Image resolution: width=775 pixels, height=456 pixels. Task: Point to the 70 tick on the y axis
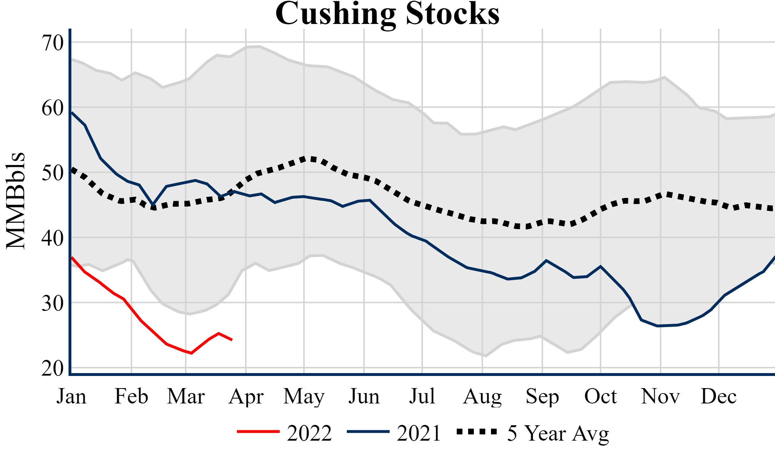pos(52,43)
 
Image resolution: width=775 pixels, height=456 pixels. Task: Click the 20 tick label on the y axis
pos(52,368)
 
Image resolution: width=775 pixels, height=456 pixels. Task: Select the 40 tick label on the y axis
pos(52,238)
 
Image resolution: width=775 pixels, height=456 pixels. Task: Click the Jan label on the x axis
pos(71,397)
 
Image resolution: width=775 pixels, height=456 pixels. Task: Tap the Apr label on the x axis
pos(246,397)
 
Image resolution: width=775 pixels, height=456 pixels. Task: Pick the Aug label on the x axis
pos(482,397)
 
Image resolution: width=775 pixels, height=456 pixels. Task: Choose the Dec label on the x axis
pos(718,397)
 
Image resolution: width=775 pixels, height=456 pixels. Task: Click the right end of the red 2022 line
pos(232,340)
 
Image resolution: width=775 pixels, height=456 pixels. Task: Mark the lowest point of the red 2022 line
pos(192,353)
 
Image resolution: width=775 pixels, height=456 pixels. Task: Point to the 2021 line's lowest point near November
pos(658,326)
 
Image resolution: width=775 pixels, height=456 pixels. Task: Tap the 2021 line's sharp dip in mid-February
pos(153,205)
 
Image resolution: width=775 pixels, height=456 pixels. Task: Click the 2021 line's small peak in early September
pos(546,261)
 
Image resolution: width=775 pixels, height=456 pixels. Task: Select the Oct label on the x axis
pos(601,397)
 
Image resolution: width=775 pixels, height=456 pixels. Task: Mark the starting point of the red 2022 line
pos(72,257)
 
